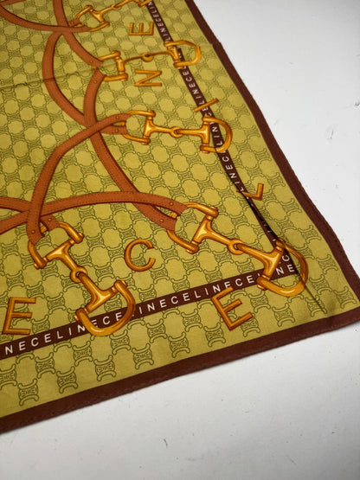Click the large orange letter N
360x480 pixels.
[148, 77]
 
